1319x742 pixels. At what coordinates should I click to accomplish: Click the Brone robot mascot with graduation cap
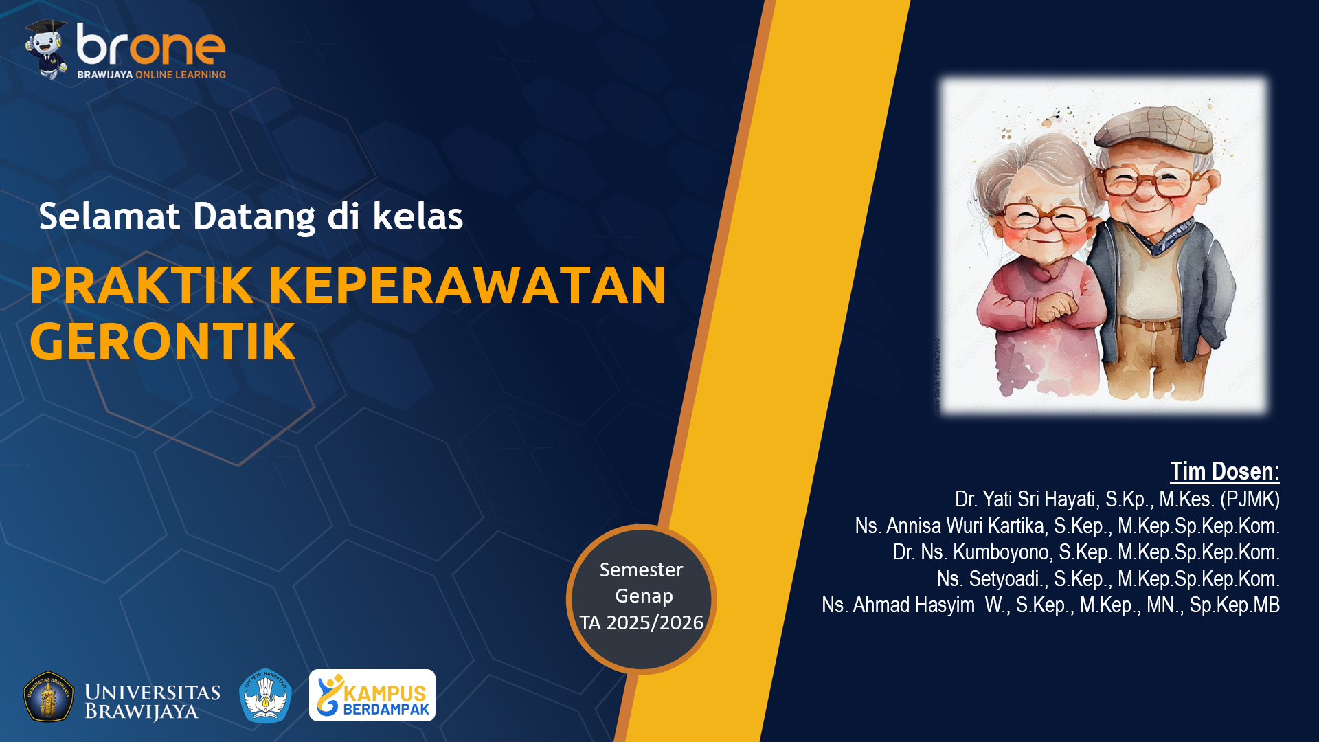click(x=46, y=48)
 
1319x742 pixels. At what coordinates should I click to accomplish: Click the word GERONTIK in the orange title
click(x=163, y=341)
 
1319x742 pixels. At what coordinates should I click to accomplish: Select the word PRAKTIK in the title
click(x=142, y=285)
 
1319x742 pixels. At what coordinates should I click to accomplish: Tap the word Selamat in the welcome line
click(x=109, y=216)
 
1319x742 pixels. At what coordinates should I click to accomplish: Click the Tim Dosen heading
click(x=1224, y=472)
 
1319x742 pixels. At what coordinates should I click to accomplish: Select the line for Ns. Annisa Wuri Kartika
click(x=1066, y=526)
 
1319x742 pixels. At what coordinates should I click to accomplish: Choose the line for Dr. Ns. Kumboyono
click(x=1085, y=552)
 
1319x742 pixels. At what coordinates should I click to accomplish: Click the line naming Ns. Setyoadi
click(x=1107, y=579)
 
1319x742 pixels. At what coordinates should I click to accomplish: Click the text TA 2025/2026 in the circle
click(x=641, y=622)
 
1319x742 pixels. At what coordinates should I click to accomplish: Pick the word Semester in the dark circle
click(x=641, y=570)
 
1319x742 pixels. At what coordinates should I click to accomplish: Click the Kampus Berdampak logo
click(x=372, y=695)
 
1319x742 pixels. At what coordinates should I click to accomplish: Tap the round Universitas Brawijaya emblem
click(x=48, y=697)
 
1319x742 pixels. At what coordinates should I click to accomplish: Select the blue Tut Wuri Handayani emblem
click(x=265, y=696)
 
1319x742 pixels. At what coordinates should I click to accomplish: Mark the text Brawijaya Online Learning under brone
click(x=151, y=74)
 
